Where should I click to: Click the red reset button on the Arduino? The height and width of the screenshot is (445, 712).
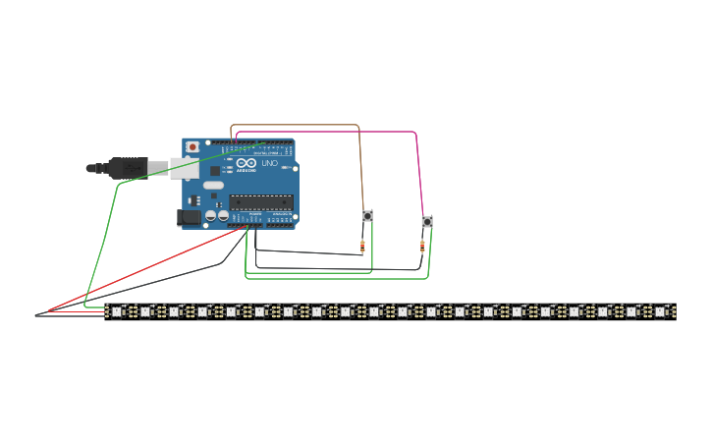click(x=192, y=147)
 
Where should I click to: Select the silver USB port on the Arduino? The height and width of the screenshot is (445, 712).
click(x=184, y=168)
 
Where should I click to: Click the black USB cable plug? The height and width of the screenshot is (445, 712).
click(x=128, y=168)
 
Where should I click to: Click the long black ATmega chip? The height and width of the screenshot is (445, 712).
click(x=260, y=202)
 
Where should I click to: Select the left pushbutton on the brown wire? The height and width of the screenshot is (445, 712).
click(x=367, y=216)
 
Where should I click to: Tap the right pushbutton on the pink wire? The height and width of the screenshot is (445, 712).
click(x=426, y=222)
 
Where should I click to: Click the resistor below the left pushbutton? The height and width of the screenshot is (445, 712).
click(x=362, y=247)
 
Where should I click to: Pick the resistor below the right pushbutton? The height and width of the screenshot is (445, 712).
click(x=422, y=247)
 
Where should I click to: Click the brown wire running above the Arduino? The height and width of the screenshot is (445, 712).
click(x=295, y=126)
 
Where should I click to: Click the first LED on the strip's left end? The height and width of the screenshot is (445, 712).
click(x=116, y=311)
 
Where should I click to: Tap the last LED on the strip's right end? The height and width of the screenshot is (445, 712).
click(x=660, y=311)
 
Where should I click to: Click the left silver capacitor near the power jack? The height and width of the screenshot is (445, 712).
click(x=210, y=215)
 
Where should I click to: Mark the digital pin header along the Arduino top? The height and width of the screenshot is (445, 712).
click(x=257, y=142)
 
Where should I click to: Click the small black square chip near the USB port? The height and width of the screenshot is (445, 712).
click(x=215, y=171)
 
